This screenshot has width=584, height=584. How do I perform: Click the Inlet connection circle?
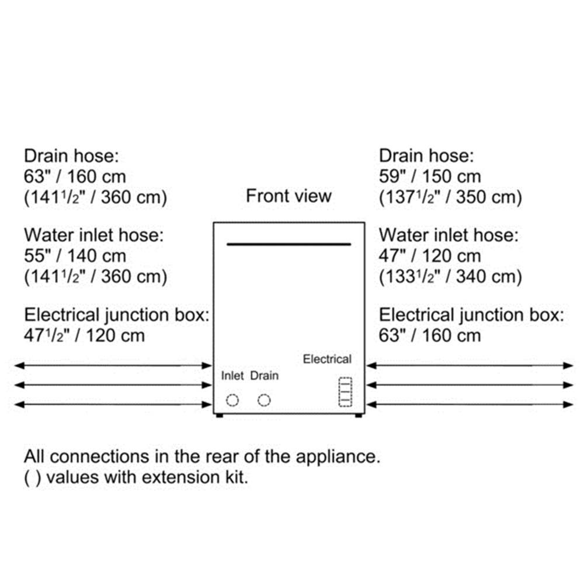coord(227,401)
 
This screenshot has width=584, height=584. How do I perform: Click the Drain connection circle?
coord(258,401)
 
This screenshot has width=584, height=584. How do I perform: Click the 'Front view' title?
coord(288,196)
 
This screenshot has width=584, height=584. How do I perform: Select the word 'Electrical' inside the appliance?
coord(327,359)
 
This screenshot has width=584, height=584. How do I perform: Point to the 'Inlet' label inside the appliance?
coord(232,376)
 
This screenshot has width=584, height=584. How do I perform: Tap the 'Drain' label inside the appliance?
coord(265,376)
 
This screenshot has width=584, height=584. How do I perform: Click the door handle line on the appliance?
coord(288,244)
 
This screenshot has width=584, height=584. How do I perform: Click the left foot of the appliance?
coord(220,415)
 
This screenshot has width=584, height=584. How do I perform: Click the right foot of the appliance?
coord(359,415)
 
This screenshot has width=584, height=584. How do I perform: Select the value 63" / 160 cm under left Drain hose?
coord(75,176)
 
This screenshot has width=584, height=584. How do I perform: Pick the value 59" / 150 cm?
coord(430,176)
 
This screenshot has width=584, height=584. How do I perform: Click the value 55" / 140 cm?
coord(75,256)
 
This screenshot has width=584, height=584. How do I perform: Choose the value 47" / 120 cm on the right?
coord(430,256)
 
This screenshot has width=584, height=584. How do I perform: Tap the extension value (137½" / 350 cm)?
coord(450,197)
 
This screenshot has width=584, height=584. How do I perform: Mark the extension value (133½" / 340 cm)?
coord(450,276)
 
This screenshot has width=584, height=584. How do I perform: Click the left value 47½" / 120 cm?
coord(84,335)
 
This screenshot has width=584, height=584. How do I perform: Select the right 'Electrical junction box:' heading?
coord(471,315)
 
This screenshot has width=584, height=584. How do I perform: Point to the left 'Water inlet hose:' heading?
coord(94,235)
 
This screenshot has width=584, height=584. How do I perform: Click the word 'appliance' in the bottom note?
coord(338,457)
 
